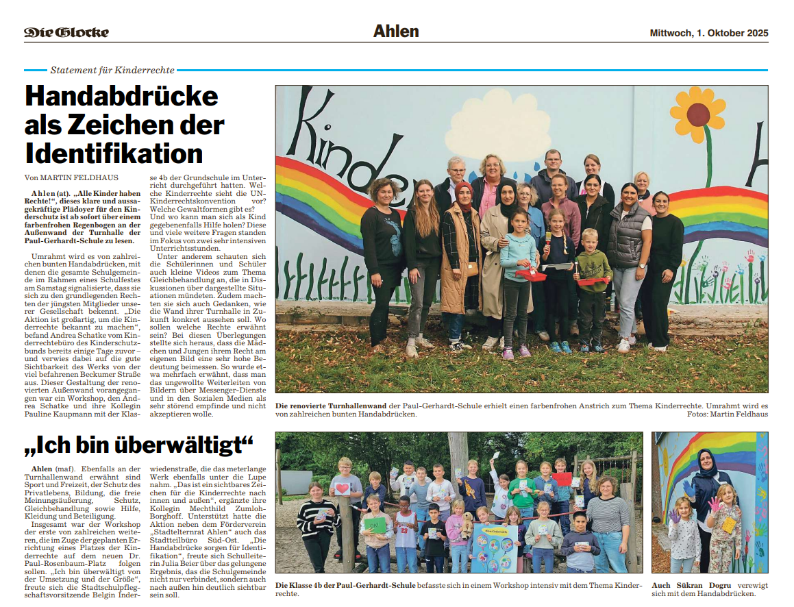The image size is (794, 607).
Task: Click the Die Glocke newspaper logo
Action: (66, 32)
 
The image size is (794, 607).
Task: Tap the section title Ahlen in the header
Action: (396, 32)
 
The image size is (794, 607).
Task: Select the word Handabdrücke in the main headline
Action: (121, 97)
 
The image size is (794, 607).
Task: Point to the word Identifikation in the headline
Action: (114, 152)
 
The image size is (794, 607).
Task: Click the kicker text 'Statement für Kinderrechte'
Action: (112, 70)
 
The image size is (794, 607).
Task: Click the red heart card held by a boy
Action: (342, 488)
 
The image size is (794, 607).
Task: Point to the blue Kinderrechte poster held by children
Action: (493, 548)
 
